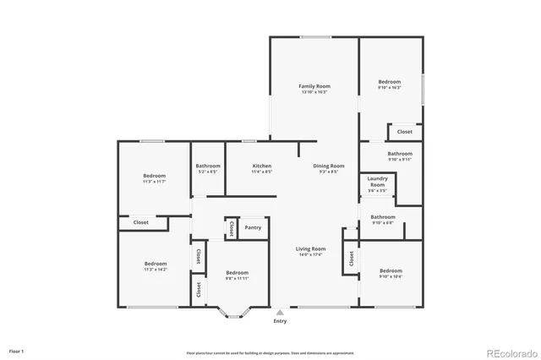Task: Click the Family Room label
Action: click(314, 86)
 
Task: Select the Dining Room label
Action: click(329, 166)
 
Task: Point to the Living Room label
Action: click(310, 248)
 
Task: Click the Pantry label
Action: click(253, 227)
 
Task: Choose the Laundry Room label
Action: click(378, 182)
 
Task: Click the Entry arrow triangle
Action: click(280, 312)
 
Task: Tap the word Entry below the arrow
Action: click(280, 321)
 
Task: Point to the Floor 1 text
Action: click(17, 350)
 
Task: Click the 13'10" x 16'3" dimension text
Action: click(314, 92)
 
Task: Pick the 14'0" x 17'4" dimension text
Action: click(310, 254)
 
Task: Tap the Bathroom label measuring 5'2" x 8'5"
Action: click(208, 166)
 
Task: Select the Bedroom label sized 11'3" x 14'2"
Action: click(155, 264)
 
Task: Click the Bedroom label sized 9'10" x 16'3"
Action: click(389, 82)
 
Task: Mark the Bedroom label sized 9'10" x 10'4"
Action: click(391, 270)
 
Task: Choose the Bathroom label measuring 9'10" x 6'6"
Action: click(383, 217)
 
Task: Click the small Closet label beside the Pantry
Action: click(231, 228)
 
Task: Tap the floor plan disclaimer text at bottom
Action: click(270, 352)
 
